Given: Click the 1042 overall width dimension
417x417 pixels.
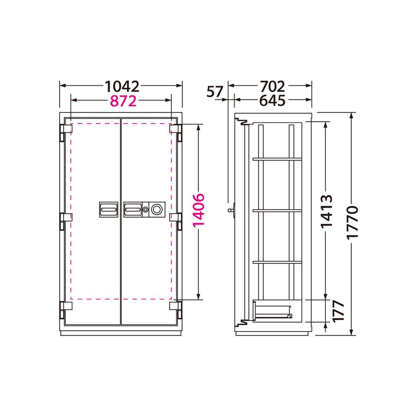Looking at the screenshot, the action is point(122,86).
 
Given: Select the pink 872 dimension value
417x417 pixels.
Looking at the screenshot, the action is point(123,101).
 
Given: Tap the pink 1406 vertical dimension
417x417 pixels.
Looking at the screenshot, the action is point(198,210).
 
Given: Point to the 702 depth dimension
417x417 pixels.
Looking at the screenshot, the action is point(272,86).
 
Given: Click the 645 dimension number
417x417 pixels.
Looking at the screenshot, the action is point(272,100).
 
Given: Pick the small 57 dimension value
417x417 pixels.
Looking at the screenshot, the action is point(215,92).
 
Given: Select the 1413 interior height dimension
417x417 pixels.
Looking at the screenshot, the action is point(327,212).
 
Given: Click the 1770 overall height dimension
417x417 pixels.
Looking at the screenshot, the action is point(353,223).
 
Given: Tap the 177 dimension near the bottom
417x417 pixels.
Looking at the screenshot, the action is point(339,311).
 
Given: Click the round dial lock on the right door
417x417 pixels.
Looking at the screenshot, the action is point(156,210).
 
